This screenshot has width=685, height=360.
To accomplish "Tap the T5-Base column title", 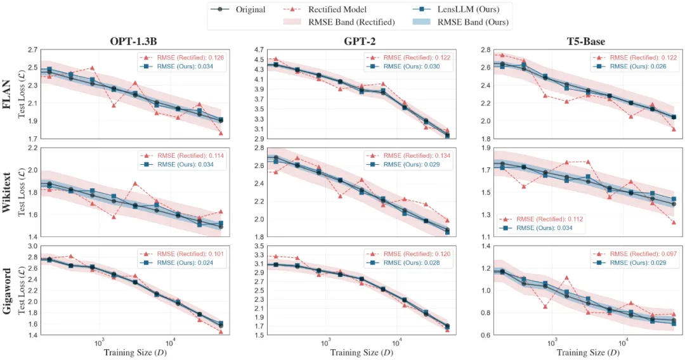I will click(587, 42).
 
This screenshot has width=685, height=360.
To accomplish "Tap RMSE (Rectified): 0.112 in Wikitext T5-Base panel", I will click(549, 219).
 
